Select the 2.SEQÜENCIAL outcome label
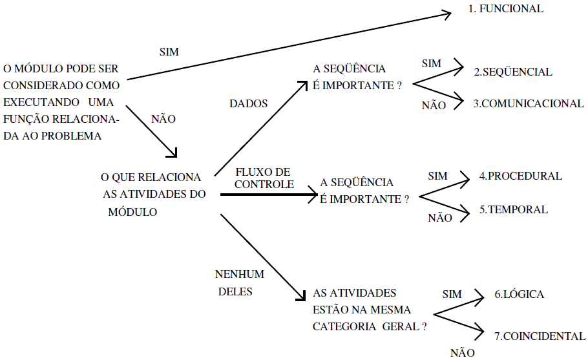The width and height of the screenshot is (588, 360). click(x=513, y=72)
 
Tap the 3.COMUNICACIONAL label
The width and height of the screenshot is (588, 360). click(x=529, y=103)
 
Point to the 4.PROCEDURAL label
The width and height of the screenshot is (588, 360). click(x=520, y=176)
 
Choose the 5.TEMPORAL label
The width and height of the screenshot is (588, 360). click(x=513, y=209)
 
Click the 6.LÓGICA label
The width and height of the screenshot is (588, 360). click(x=519, y=295)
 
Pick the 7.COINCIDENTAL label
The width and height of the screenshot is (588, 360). click(x=540, y=336)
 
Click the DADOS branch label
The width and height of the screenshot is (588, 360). click(x=249, y=103)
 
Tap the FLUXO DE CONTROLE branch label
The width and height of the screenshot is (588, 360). click(x=264, y=178)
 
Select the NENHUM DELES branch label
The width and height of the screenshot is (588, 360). click(x=240, y=283)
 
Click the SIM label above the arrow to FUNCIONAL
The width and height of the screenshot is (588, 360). click(x=169, y=51)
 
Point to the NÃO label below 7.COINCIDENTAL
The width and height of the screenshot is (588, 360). click(x=462, y=352)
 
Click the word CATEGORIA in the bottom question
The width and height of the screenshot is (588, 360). click(x=341, y=326)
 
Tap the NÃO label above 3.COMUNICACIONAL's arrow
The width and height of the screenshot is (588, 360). click(x=433, y=105)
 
